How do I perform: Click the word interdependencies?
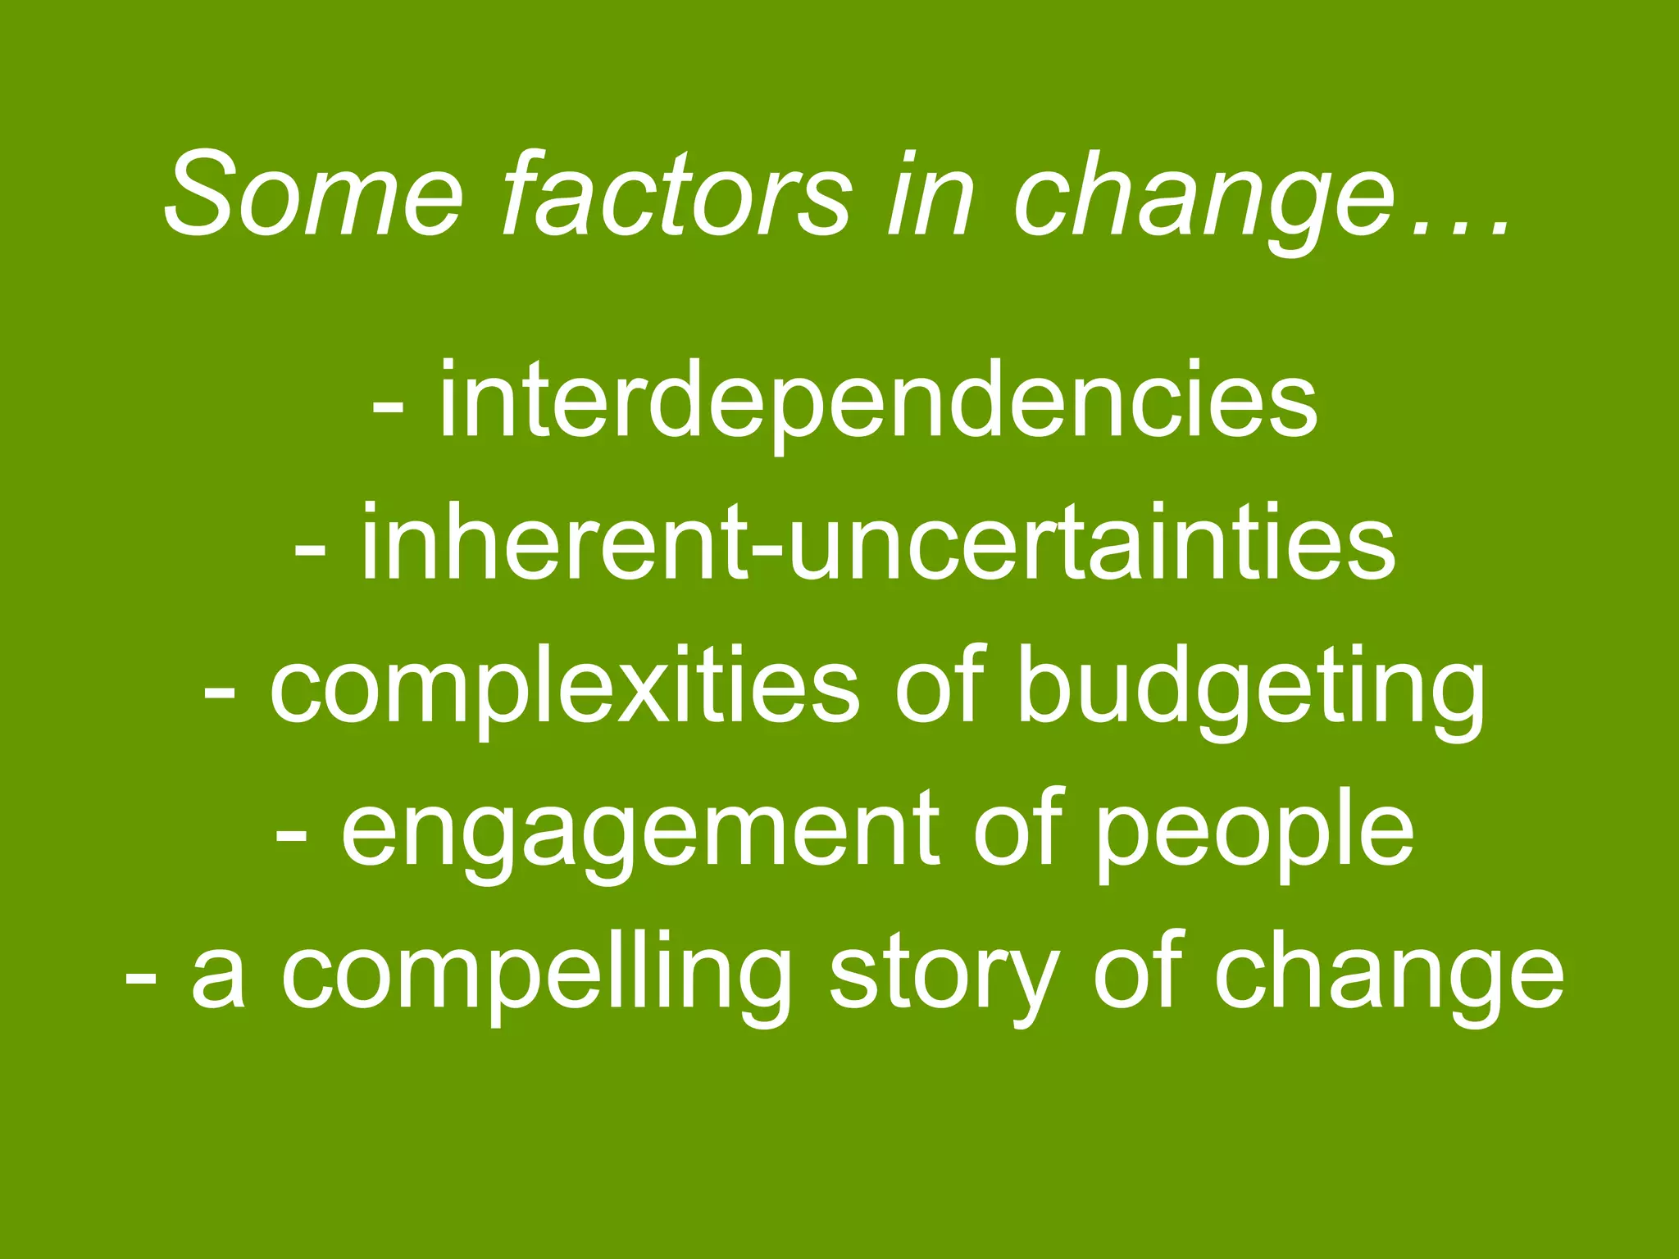(878, 402)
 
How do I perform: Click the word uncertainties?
(1091, 543)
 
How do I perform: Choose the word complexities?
(565, 687)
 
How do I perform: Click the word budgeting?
(1250, 687)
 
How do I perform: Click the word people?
(1254, 832)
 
